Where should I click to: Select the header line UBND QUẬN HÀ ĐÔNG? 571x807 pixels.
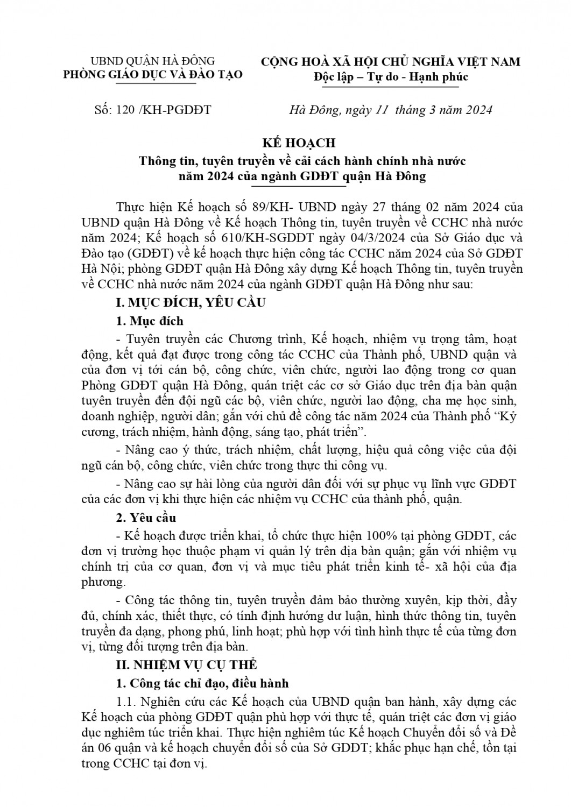(x=152, y=61)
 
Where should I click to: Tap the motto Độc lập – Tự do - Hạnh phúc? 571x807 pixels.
(x=391, y=77)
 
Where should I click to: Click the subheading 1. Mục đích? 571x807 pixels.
(x=150, y=321)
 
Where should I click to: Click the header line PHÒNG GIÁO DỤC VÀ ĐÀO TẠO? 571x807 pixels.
(x=153, y=75)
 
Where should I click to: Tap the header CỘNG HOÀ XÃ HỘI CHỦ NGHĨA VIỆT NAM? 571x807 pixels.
(x=391, y=62)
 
